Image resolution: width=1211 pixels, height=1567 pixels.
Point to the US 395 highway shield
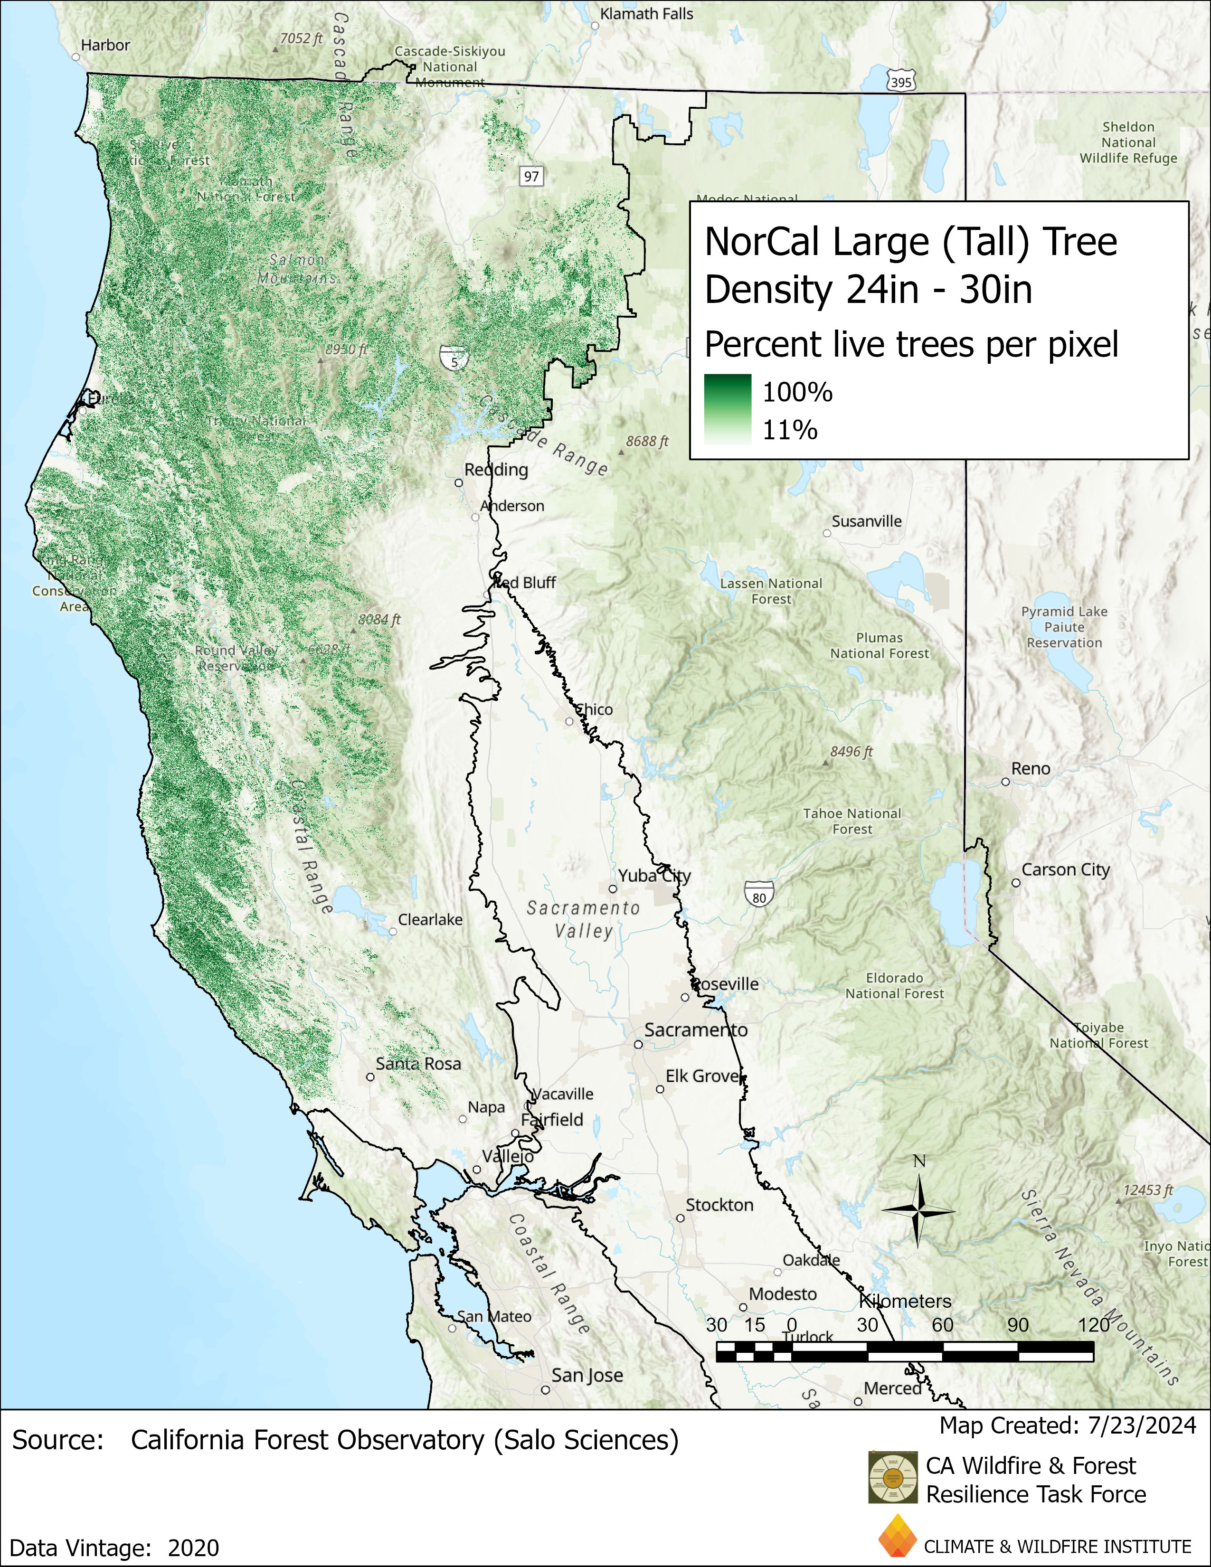(900, 82)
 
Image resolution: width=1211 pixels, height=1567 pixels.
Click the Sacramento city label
(695, 1030)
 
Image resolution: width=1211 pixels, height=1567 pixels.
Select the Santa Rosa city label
(418, 1064)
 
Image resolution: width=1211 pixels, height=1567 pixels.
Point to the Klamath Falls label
(646, 14)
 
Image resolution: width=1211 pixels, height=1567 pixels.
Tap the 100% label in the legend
(797, 393)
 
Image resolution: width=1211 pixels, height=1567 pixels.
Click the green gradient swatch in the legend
(728, 410)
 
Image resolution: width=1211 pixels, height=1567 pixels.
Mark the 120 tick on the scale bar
(1093, 1325)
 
